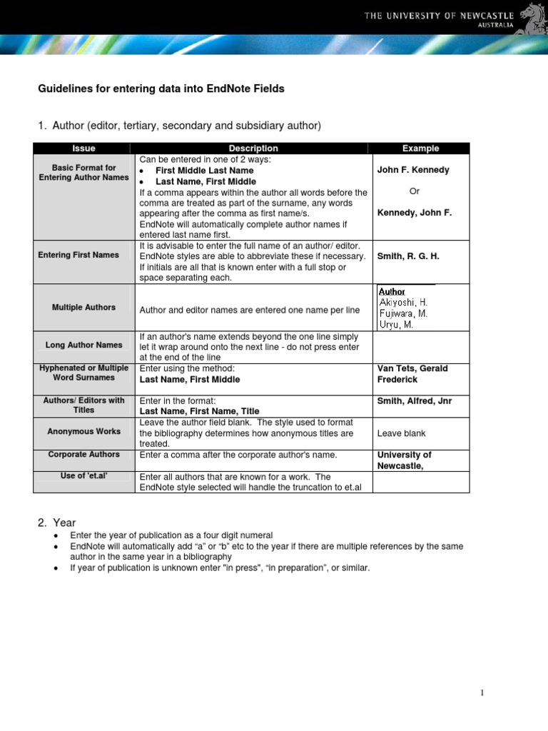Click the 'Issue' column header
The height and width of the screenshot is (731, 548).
83,148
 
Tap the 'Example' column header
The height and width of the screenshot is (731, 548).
420,148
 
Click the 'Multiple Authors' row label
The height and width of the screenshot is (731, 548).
83,307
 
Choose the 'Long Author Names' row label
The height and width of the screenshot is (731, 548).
83,345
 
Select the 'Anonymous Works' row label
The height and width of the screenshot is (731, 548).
83,431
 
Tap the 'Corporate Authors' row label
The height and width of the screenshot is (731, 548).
83,454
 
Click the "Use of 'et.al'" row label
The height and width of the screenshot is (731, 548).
83,475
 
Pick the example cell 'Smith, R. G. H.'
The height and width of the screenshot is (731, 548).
408,256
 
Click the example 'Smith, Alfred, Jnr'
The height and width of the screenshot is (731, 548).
414,401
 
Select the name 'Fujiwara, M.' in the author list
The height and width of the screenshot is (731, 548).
403,313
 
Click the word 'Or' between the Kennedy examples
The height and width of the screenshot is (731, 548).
415,191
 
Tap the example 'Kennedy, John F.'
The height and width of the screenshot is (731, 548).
414,213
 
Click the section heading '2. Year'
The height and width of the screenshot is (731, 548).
56,523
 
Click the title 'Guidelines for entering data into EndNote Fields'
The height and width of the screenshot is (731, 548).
161,89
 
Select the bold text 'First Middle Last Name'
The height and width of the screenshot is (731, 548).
204,171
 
